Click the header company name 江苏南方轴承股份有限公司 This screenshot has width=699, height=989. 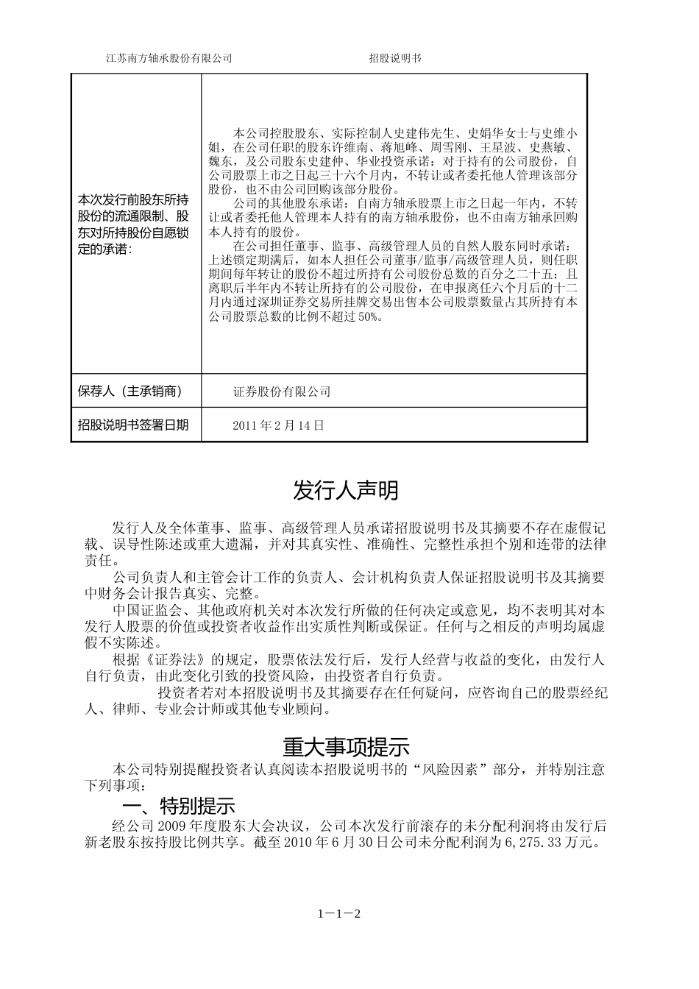pos(169,59)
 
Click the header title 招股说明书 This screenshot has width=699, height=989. pos(395,59)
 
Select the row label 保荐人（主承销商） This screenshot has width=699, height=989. pos(129,391)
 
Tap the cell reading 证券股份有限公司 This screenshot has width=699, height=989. pos(282,391)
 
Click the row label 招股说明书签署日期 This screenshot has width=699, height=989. pos(133,425)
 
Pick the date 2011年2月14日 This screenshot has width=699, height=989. pos(278,425)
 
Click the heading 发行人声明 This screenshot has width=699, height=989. pos(346,490)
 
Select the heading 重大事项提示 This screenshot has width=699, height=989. pos(346,748)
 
